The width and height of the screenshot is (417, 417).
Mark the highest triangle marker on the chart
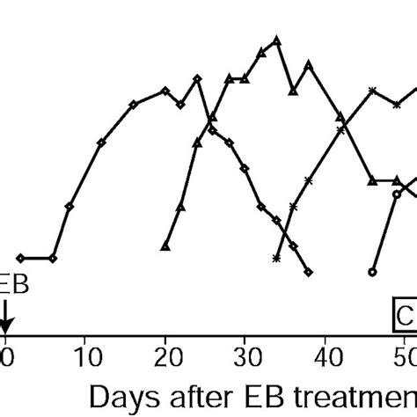(277, 40)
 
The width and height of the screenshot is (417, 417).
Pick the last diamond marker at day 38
(308, 273)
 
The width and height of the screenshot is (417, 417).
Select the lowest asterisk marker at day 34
(277, 259)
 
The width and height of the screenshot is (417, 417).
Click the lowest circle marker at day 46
(373, 273)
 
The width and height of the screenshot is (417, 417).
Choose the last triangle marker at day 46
(373, 180)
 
